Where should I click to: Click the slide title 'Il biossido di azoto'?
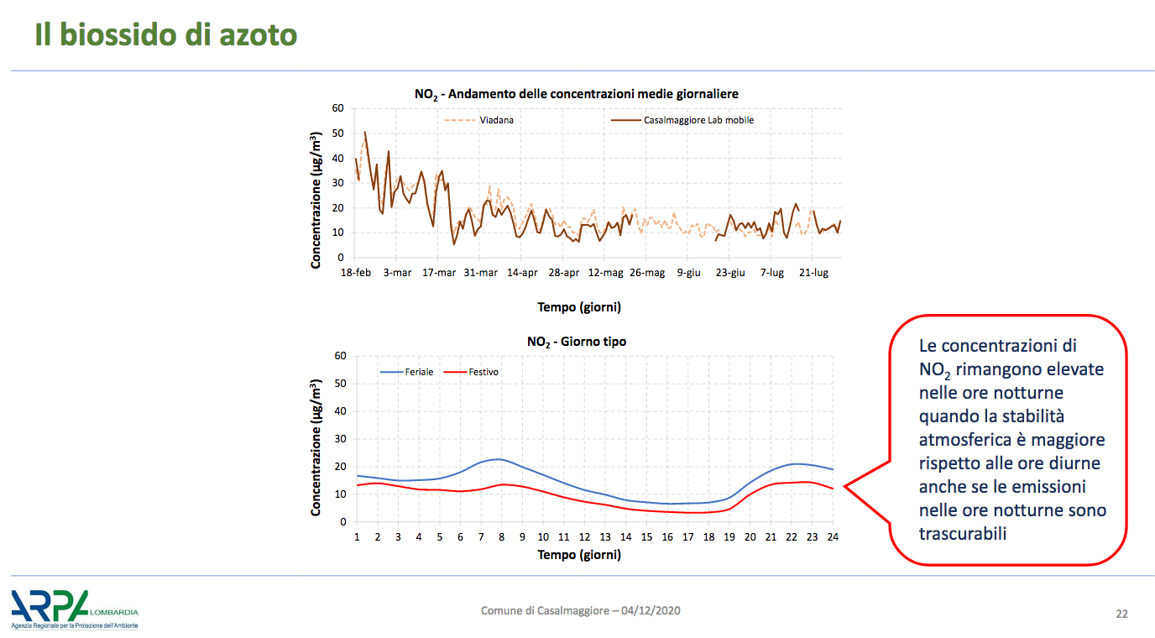(x=166, y=34)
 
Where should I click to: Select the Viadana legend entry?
(x=479, y=120)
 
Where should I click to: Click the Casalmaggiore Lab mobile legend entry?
(x=682, y=120)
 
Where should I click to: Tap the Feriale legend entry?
(x=406, y=372)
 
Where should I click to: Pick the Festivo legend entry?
(x=471, y=372)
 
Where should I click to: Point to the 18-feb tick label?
(x=356, y=272)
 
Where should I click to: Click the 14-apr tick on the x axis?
(x=522, y=272)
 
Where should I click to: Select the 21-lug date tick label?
(x=813, y=272)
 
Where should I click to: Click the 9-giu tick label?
(x=689, y=272)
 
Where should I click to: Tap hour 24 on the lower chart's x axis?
(x=833, y=537)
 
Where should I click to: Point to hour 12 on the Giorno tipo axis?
(x=584, y=537)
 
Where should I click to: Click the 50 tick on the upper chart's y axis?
(x=337, y=133)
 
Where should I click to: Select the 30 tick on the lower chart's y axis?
(x=340, y=439)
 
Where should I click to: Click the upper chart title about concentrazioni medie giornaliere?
(x=577, y=94)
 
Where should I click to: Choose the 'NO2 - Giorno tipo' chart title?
(x=577, y=342)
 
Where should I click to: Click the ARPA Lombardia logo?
(x=75, y=609)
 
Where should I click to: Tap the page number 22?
(x=1121, y=614)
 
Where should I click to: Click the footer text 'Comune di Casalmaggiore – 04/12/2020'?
(x=581, y=610)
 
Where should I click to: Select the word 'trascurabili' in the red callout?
(x=963, y=534)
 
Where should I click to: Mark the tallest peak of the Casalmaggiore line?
(x=365, y=132)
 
